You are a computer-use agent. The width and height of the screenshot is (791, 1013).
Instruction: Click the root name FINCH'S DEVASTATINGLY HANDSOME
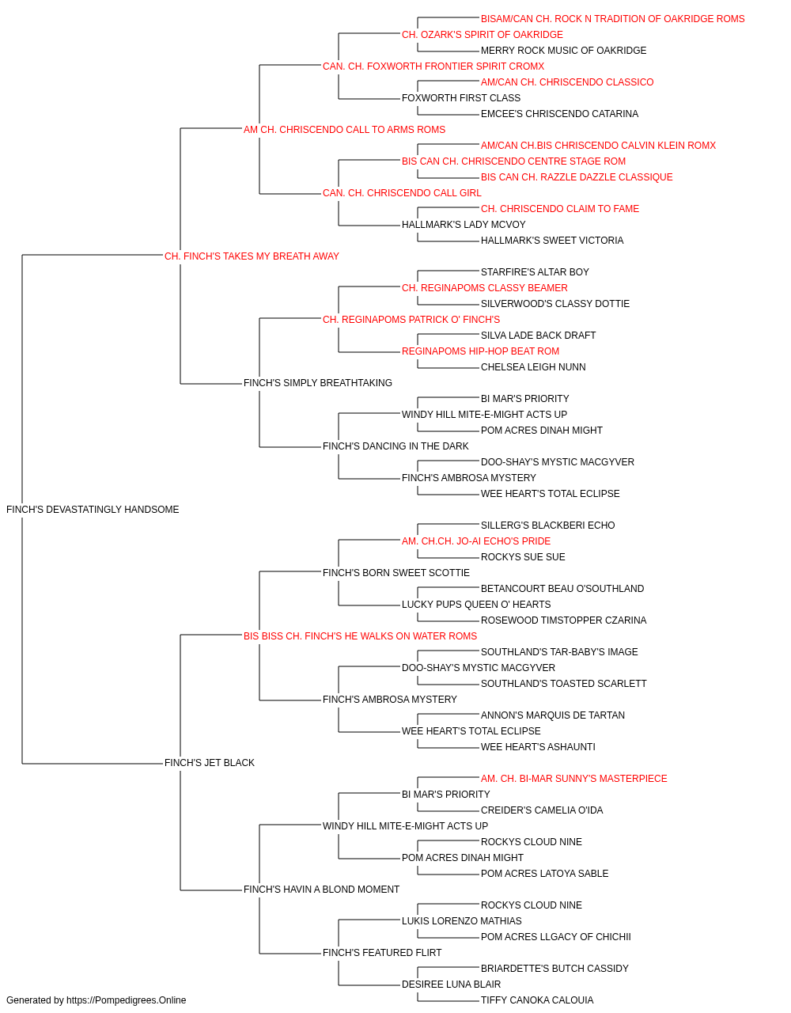tap(93, 510)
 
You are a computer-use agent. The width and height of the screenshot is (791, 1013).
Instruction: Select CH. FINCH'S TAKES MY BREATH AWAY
tap(252, 256)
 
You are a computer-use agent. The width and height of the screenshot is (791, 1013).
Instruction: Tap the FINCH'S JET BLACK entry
tap(210, 763)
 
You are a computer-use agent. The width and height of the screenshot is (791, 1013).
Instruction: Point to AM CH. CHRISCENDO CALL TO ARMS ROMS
tap(344, 130)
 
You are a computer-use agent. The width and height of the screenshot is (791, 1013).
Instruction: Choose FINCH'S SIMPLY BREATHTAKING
tap(318, 383)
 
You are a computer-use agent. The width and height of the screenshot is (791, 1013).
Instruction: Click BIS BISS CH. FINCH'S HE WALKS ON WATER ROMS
tap(360, 635)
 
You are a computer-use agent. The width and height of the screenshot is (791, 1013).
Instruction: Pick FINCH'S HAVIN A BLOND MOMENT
tap(321, 889)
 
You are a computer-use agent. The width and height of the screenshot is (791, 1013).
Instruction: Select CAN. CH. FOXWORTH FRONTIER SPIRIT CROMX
tap(433, 66)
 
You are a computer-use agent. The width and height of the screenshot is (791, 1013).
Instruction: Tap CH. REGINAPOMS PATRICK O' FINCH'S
tap(411, 319)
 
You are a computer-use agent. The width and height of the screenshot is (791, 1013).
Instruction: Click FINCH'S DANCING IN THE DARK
tap(395, 446)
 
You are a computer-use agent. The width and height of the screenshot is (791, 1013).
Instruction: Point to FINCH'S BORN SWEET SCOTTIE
tap(396, 572)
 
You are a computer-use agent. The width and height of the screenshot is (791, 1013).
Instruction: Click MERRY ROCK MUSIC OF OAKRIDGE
tap(564, 51)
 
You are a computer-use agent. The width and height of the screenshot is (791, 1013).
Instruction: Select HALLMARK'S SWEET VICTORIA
tap(552, 240)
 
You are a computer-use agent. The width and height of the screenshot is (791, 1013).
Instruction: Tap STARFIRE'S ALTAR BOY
tap(535, 271)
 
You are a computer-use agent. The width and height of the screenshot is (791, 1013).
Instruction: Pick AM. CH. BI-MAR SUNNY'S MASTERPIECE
tap(574, 779)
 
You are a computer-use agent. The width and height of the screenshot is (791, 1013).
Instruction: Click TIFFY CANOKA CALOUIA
tap(537, 1000)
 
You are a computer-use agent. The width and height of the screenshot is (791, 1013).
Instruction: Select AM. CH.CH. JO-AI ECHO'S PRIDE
tap(476, 541)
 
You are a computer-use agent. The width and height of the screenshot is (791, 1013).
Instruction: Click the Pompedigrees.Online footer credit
tap(96, 1000)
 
